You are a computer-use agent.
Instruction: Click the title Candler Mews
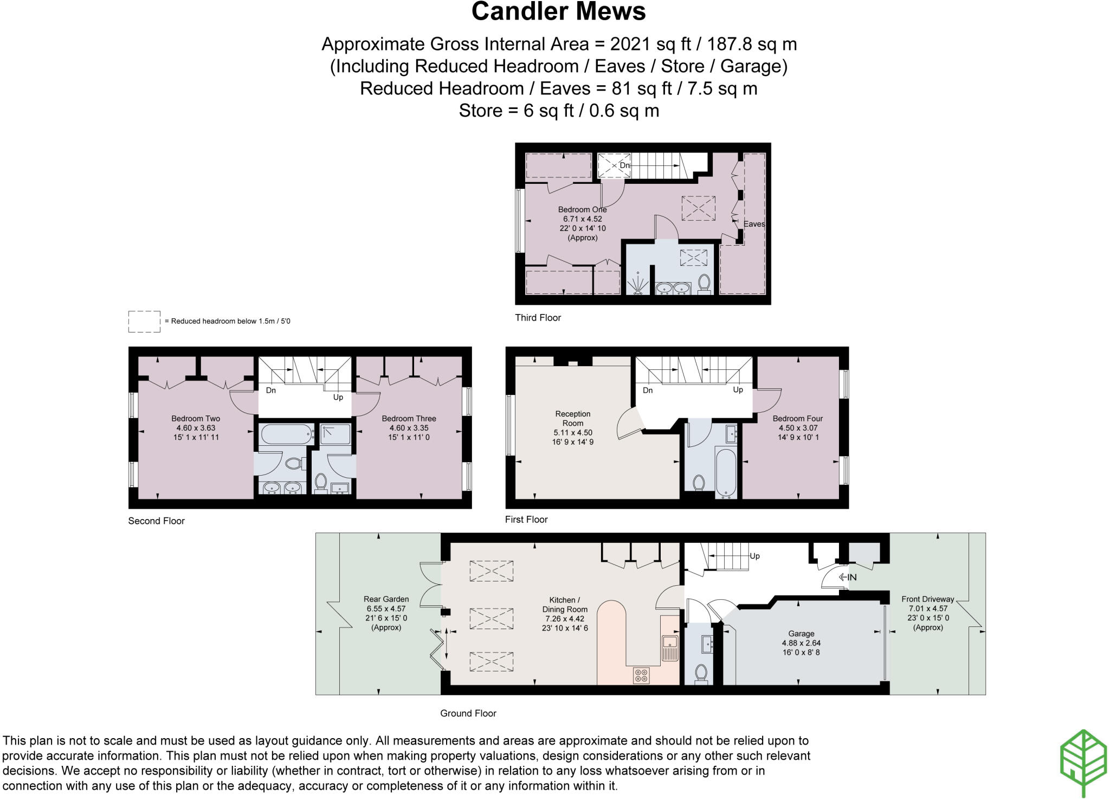(x=558, y=11)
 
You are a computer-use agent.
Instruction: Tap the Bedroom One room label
(x=583, y=210)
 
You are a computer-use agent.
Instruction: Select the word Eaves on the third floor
(x=754, y=224)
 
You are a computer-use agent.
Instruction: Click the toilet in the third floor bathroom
(x=704, y=284)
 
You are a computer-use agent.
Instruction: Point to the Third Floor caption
(x=538, y=318)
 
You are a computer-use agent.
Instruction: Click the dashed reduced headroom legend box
(x=144, y=321)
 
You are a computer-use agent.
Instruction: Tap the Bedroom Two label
(x=196, y=419)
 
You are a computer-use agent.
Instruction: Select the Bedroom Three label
(x=409, y=419)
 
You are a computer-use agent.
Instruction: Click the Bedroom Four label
(x=798, y=419)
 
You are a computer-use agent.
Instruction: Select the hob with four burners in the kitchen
(x=642, y=675)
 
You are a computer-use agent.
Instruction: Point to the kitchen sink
(x=670, y=648)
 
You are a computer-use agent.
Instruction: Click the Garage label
(x=801, y=633)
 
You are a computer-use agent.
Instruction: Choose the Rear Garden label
(x=386, y=599)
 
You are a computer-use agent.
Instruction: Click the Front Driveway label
(x=927, y=599)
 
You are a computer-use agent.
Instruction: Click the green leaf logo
(x=1083, y=763)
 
